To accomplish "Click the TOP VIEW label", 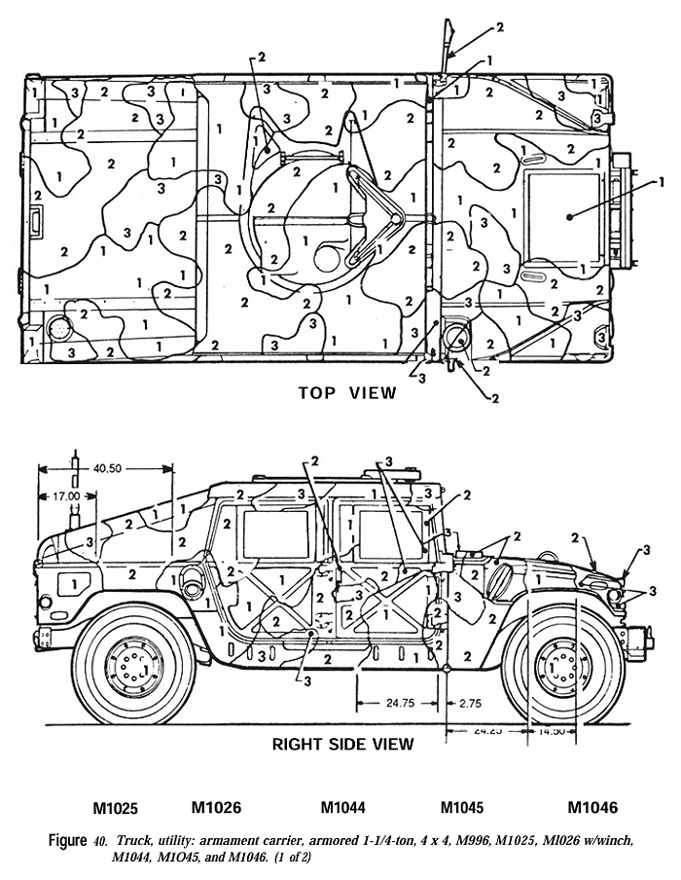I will [x=347, y=392].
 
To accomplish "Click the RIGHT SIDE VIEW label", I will [x=342, y=744].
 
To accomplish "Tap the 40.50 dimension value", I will [x=107, y=468].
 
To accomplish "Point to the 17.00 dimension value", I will [x=67, y=495].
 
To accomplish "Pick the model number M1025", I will [x=116, y=808].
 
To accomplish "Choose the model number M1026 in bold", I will [x=216, y=807].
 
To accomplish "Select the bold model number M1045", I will [x=462, y=808].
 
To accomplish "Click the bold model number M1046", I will [x=592, y=807].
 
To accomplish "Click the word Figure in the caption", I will [x=68, y=839].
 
